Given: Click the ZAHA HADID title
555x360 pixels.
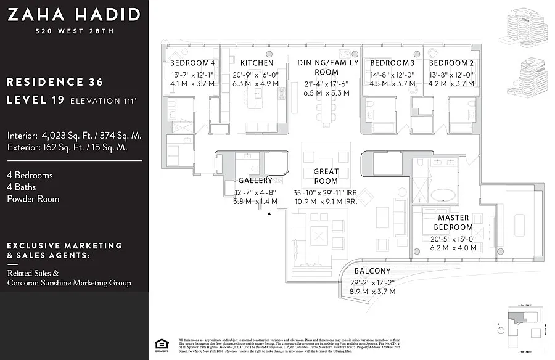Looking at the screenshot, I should [74, 14].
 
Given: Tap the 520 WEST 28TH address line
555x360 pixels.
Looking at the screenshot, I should [74, 31].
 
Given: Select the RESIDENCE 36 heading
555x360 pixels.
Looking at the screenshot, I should [54, 82].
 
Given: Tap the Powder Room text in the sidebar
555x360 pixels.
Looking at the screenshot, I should [33, 198].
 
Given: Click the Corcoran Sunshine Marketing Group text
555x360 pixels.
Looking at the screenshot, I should [69, 283].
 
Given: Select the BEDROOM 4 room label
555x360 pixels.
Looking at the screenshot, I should [192, 63].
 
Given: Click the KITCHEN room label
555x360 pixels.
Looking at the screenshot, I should [257, 63].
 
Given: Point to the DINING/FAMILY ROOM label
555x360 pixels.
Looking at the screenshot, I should [327, 67].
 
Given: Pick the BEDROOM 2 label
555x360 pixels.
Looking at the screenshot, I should [451, 63].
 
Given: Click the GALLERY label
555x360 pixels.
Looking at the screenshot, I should [255, 181].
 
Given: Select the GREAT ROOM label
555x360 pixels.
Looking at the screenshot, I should [326, 176].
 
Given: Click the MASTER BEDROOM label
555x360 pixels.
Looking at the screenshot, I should [453, 222].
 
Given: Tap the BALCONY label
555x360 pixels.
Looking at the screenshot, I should [372, 271].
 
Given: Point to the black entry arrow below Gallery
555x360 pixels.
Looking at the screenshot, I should [269, 213].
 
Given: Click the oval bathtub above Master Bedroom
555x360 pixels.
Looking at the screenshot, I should [442, 196].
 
